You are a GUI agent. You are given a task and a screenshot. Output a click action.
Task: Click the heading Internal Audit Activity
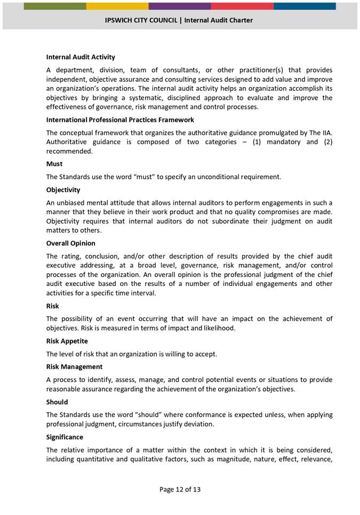coord(81,57)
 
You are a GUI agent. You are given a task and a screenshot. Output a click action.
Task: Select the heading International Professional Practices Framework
coord(120,120)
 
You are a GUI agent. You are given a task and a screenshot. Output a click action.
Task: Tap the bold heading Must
coord(54,164)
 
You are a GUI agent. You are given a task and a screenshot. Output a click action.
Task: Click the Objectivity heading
coord(63,189)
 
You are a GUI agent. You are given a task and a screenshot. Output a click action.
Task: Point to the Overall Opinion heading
coord(70,243)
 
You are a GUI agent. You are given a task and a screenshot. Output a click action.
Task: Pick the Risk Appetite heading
coord(67,340)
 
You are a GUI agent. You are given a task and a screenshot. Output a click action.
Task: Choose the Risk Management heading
coord(74,367)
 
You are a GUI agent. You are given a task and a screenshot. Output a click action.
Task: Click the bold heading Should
coord(57,402)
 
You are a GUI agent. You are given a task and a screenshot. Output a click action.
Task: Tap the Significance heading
coord(65,437)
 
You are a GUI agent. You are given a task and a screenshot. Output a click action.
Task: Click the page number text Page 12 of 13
coord(180,489)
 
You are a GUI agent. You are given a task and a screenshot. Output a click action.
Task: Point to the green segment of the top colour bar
coord(55,6)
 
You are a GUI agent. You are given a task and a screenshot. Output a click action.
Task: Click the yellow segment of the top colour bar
coord(117,6)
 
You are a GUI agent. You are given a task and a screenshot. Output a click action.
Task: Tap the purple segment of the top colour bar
coord(180,6)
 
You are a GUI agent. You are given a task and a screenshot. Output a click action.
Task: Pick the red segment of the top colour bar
coord(242,6)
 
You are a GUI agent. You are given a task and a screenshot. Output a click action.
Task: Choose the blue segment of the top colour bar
coord(305,6)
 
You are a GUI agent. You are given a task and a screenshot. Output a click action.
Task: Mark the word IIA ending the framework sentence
coord(326,132)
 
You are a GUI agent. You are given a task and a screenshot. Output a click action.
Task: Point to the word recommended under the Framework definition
coord(69,151)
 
